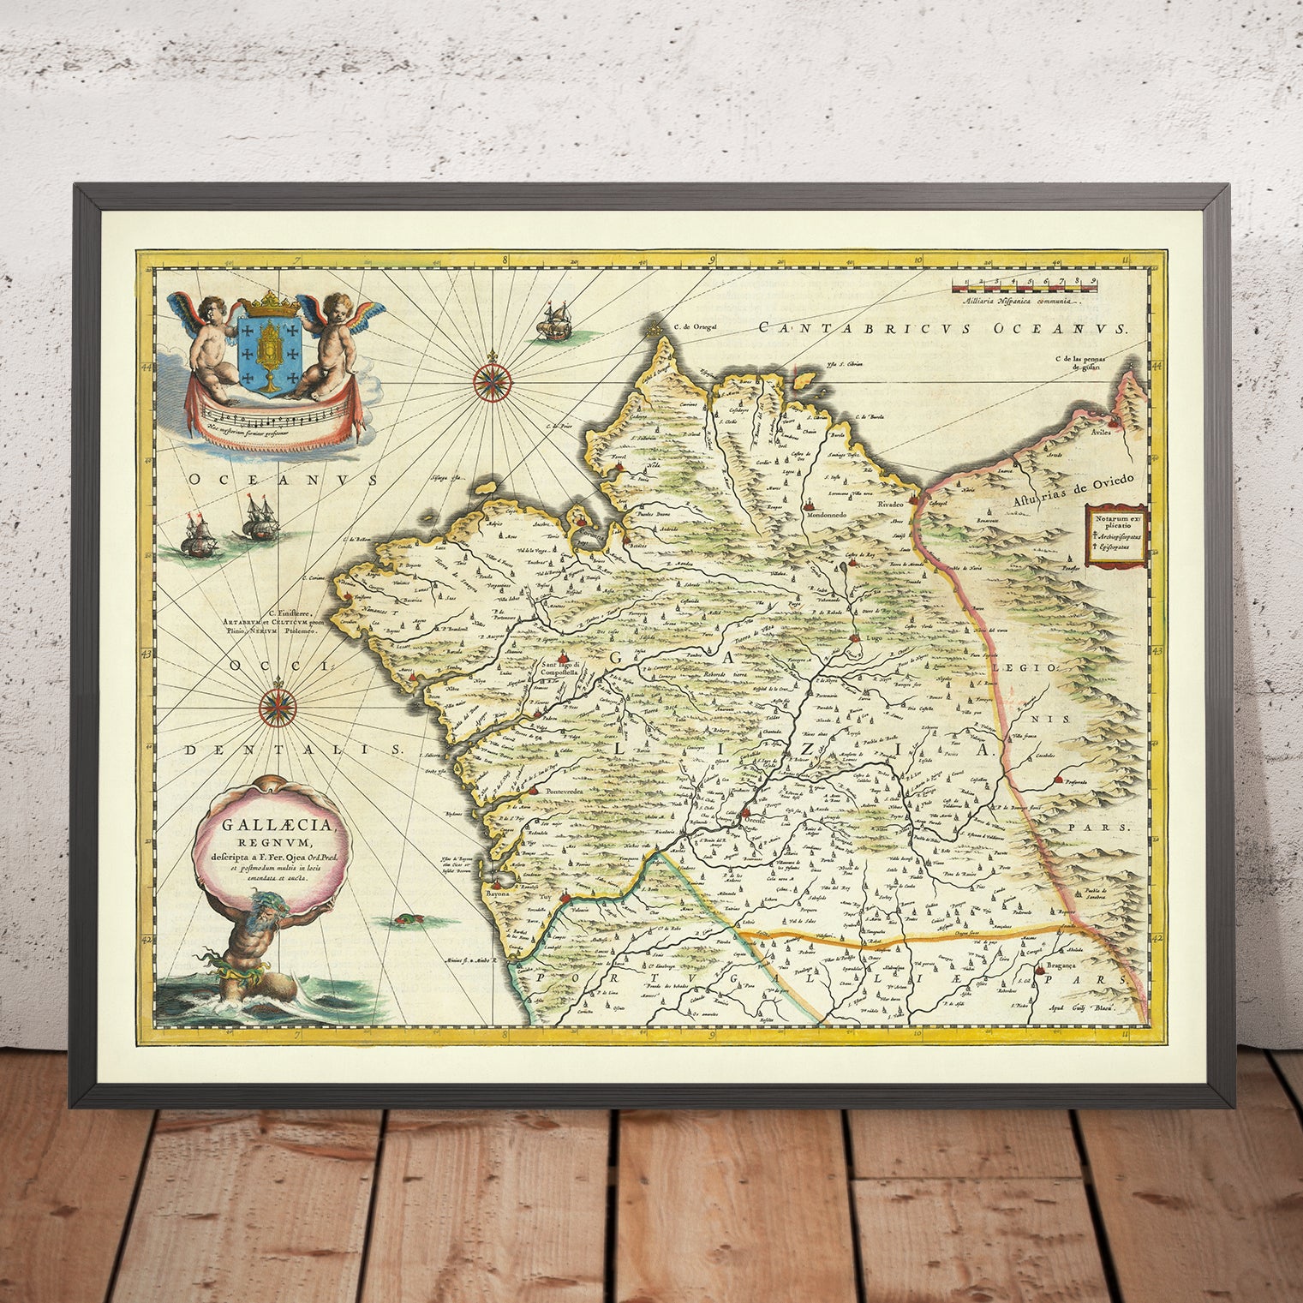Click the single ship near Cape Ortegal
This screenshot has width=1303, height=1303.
click(x=549, y=324)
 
